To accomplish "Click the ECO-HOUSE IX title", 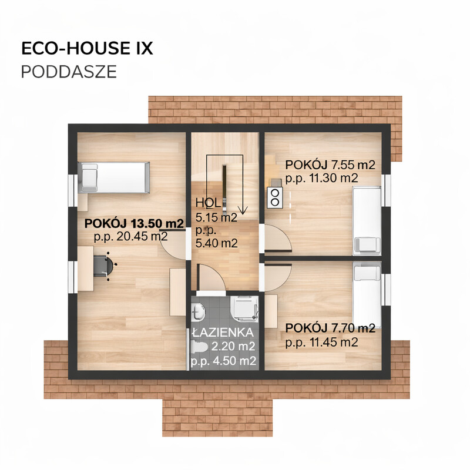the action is (x=87, y=48).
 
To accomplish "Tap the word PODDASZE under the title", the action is (x=69, y=72).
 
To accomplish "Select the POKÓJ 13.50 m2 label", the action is (x=134, y=223).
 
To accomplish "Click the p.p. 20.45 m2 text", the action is (x=130, y=237).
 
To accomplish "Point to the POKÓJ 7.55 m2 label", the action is (x=330, y=165).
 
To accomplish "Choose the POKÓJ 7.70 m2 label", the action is (x=330, y=328).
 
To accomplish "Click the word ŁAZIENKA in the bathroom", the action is (x=223, y=333).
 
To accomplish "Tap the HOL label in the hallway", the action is (x=208, y=203).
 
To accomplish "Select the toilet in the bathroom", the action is (x=199, y=347).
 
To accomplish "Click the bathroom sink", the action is (x=198, y=311).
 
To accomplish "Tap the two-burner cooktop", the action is (x=275, y=197).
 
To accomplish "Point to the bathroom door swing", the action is (x=210, y=278).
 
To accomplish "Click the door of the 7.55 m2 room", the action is (x=277, y=238).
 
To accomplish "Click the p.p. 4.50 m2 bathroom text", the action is (x=224, y=361).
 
